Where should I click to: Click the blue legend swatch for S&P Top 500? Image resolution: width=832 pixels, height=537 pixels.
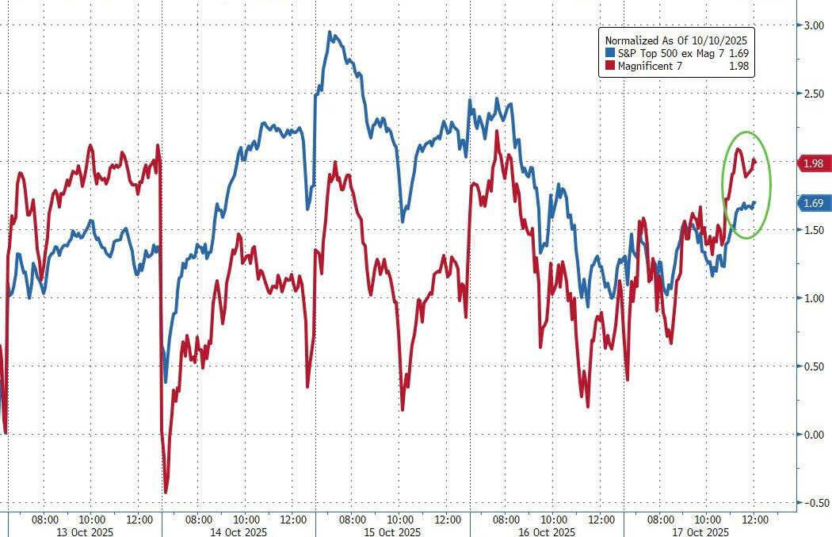609,53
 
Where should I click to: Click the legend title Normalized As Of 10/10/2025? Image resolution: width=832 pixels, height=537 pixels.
676,40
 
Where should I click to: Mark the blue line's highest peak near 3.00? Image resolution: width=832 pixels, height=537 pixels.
330,33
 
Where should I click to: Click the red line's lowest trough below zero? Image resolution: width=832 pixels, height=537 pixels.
166,493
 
